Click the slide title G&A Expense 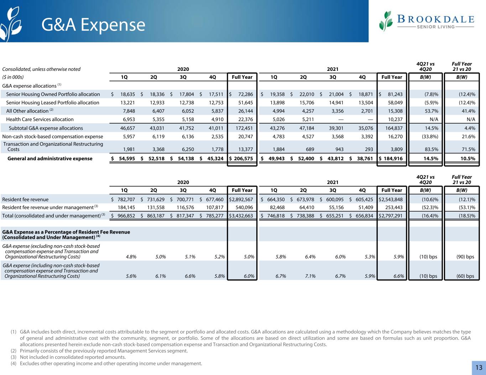click(x=93, y=25)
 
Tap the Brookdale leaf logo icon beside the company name click(x=386, y=21)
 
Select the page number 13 click(x=479, y=368)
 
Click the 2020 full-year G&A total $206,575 click(x=241, y=158)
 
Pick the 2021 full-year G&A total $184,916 click(x=391, y=158)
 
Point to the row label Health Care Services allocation click(x=40, y=119)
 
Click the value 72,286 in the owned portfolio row click(x=246, y=94)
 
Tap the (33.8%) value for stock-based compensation click(x=430, y=137)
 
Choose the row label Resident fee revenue click(x=25, y=199)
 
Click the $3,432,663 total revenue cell click(x=241, y=216)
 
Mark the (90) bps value click(x=465, y=257)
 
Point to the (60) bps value click(x=465, y=276)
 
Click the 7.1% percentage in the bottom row click(x=310, y=276)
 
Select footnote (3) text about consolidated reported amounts click(x=73, y=357)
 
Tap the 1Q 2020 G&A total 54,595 click(x=127, y=158)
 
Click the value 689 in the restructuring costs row click(x=310, y=149)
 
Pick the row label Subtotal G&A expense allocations click(x=46, y=128)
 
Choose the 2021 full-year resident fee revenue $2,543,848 click(x=391, y=199)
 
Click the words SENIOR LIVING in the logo click(x=436, y=27)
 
